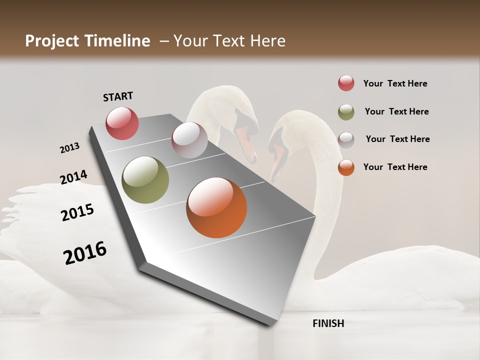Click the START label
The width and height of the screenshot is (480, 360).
pyautogui.click(x=118, y=96)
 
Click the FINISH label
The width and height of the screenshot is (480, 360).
pyautogui.click(x=328, y=323)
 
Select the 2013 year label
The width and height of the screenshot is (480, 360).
pyautogui.click(x=69, y=148)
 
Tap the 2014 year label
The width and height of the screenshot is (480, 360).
pyautogui.click(x=73, y=177)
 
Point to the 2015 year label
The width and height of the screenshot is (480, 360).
pyautogui.click(x=77, y=212)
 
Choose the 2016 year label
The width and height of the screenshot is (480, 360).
pyautogui.click(x=85, y=252)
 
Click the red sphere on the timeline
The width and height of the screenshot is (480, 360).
pyautogui.click(x=122, y=123)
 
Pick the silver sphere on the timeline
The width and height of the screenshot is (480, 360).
pyautogui.click(x=189, y=140)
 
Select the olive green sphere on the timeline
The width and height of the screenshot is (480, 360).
pyautogui.click(x=145, y=180)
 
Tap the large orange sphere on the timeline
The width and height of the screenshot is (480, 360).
pyautogui.click(x=216, y=207)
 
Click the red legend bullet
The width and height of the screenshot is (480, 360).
pyautogui.click(x=346, y=83)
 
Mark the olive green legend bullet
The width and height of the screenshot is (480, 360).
pyautogui.click(x=346, y=112)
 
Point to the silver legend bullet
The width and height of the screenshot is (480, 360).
pyautogui.click(x=346, y=139)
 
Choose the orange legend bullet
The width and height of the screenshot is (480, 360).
pyautogui.click(x=346, y=167)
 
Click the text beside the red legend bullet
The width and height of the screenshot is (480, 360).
pyautogui.click(x=395, y=83)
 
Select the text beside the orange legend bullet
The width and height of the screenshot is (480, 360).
pyautogui.click(x=395, y=167)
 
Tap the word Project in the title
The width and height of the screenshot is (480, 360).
pyautogui.click(x=52, y=41)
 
